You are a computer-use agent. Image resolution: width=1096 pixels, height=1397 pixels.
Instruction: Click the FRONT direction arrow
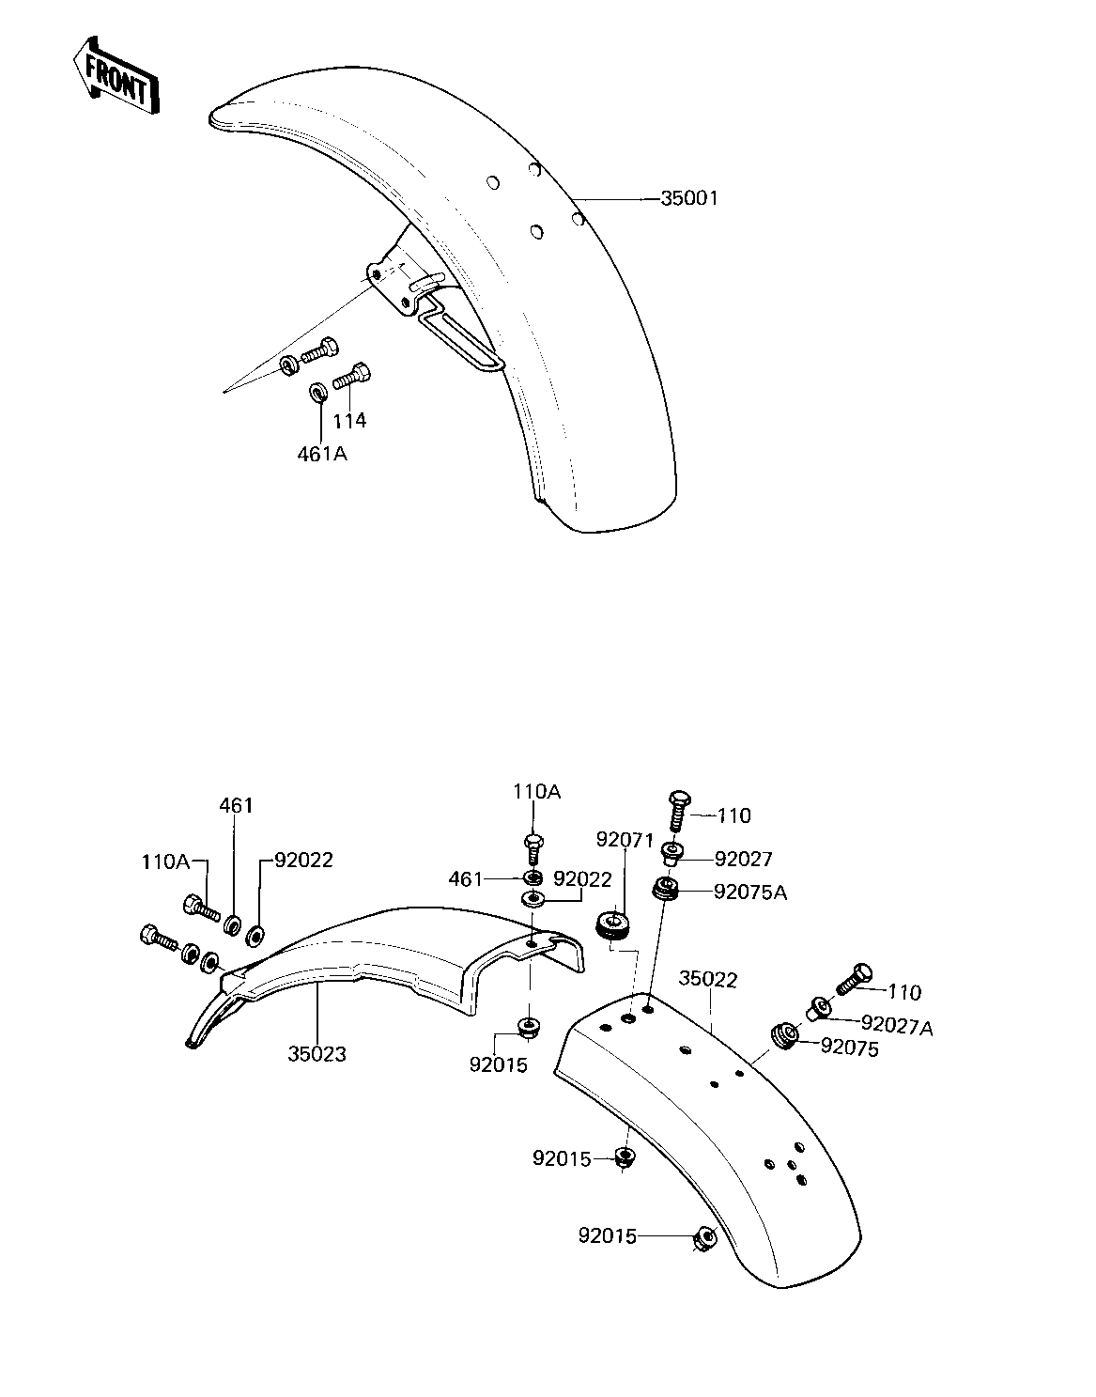[x=116, y=76]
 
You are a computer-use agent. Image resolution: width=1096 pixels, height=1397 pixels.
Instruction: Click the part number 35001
[x=688, y=198]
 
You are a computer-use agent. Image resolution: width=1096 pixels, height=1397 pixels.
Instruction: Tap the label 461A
[x=322, y=455]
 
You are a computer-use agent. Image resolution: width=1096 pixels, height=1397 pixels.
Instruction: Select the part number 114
[x=349, y=421]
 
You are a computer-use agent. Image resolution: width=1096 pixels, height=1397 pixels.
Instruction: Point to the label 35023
[x=316, y=1054]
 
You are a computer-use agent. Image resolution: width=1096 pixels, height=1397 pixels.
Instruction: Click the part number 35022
[x=708, y=980]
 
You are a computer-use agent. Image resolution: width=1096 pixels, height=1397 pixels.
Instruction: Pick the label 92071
[x=625, y=840]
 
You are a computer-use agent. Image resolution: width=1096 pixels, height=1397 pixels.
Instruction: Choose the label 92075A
[x=750, y=893]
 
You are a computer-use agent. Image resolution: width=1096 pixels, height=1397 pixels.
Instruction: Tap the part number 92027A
[x=898, y=1027]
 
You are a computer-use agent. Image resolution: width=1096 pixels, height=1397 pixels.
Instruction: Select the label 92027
[x=743, y=860]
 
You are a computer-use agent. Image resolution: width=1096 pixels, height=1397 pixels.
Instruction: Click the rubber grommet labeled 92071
[x=614, y=926]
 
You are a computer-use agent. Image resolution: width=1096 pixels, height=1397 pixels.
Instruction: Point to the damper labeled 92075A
[x=666, y=890]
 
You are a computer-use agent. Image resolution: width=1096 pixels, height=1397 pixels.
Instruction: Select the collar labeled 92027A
[x=818, y=1007]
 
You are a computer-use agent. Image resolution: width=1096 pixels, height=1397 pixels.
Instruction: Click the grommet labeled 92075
[x=784, y=1036]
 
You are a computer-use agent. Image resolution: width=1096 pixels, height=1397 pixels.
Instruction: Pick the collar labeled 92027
[x=672, y=853]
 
